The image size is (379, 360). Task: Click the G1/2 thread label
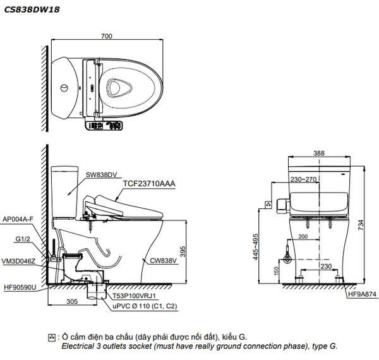point(23,240)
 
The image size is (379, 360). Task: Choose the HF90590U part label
point(21,288)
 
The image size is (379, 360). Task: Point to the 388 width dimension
point(320,153)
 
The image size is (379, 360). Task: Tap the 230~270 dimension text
point(304,179)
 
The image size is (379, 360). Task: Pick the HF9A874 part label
point(361,294)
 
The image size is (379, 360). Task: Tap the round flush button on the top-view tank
point(64,87)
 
